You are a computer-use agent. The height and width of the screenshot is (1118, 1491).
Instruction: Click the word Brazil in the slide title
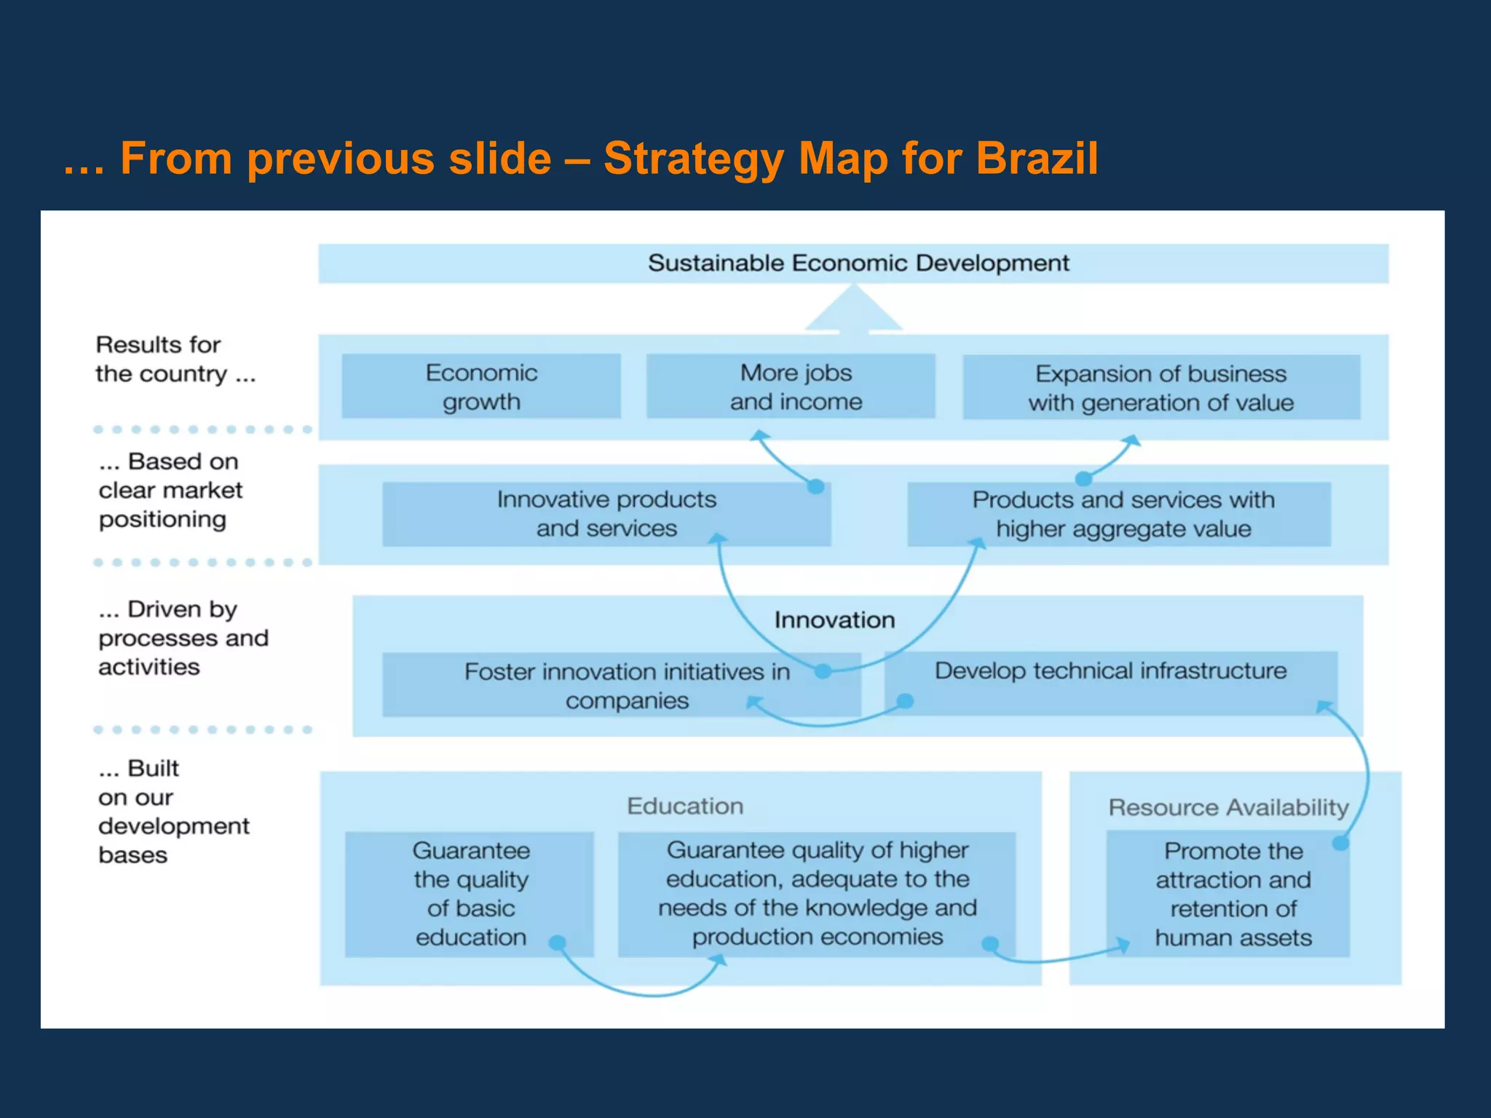tap(1037, 159)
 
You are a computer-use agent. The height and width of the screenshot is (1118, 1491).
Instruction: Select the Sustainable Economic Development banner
tap(853, 263)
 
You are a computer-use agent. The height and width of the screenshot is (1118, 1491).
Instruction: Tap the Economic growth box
tap(481, 386)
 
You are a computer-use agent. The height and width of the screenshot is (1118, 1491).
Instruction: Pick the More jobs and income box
tap(791, 386)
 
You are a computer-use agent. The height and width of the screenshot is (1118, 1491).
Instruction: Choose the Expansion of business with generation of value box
tap(1161, 387)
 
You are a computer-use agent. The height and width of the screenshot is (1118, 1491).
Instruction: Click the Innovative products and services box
tap(606, 514)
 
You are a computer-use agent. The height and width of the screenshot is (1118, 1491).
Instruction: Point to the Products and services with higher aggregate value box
tap(1120, 514)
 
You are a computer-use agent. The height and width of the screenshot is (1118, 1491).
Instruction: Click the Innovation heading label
tap(834, 620)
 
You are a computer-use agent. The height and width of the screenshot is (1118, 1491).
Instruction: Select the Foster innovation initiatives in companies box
tap(621, 685)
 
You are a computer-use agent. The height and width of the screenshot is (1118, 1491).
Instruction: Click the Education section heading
tap(685, 806)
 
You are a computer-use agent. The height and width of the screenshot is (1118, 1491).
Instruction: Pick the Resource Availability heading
tap(1228, 807)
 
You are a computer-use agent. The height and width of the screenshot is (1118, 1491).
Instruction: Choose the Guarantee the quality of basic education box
tap(470, 894)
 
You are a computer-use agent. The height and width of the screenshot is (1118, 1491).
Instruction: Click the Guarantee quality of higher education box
tap(817, 894)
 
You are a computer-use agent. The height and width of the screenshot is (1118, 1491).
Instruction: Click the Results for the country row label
tap(175, 359)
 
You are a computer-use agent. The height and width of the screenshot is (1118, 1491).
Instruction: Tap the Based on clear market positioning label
tap(170, 491)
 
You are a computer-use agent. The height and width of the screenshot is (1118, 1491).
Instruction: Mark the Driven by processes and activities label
tap(183, 638)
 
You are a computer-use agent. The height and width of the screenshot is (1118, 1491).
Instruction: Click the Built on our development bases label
tap(173, 812)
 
